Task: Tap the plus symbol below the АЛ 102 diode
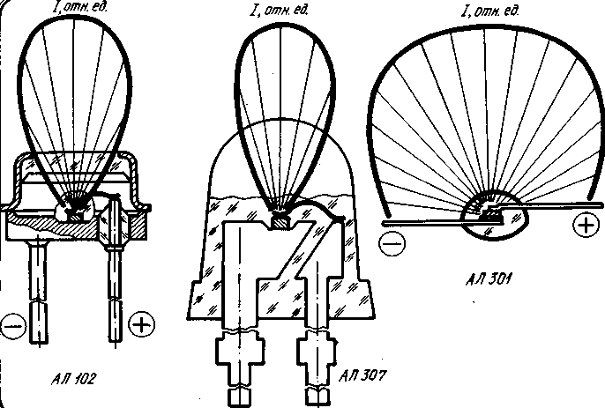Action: coord(139,325)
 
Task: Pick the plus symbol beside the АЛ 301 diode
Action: coord(584,226)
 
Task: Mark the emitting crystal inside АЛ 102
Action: coord(75,208)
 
